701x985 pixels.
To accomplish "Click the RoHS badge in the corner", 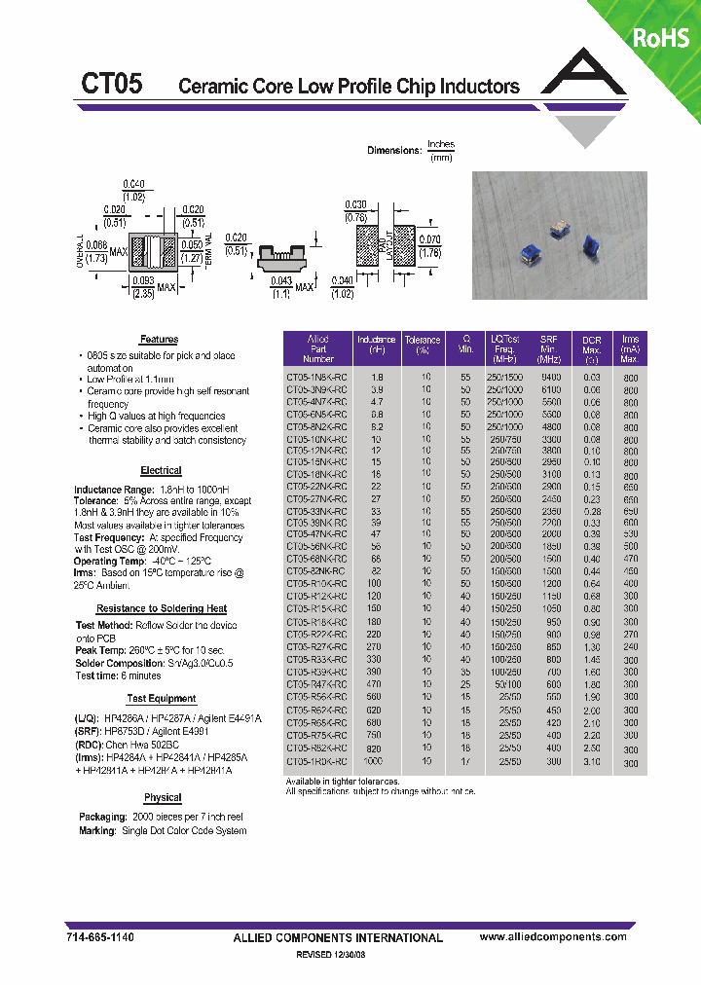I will coord(661,38).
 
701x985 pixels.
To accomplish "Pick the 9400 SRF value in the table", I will coord(550,376).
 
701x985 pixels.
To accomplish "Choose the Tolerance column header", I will coord(424,346).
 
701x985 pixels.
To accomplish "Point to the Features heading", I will coord(159,340).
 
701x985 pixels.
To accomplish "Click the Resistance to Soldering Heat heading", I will coord(162,608).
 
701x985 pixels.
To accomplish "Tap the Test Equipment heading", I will coord(161,699).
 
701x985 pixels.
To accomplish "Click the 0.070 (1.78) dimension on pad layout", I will coord(429,244).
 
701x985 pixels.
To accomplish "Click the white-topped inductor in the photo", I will coord(559,229).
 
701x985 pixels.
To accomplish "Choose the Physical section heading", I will coord(162,797).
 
